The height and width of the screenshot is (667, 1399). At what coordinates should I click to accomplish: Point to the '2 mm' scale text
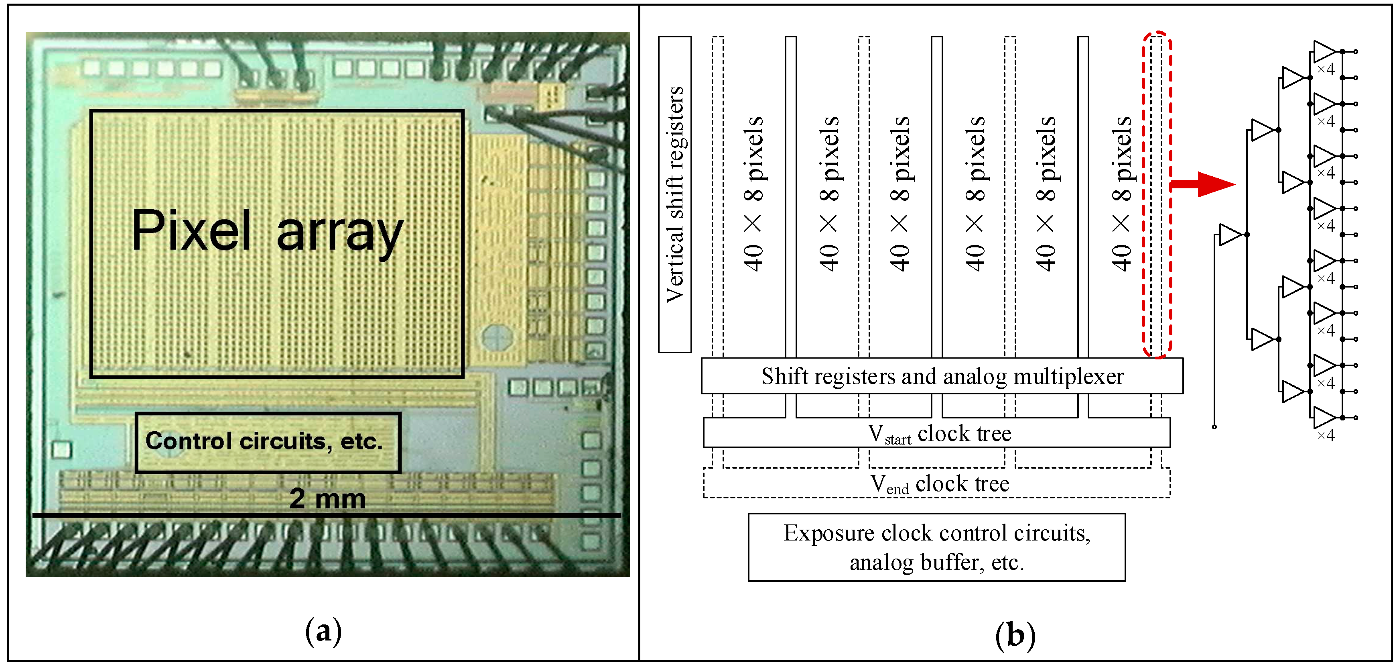click(327, 498)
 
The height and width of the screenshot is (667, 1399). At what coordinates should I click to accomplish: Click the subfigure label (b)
click(1015, 634)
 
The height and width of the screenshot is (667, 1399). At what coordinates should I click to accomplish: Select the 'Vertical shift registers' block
click(674, 194)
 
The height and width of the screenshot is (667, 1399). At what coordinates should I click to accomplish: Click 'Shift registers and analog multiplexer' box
click(941, 376)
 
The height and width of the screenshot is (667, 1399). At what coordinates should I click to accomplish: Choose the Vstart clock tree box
click(936, 433)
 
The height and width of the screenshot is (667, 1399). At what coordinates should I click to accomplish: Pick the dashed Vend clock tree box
click(936, 483)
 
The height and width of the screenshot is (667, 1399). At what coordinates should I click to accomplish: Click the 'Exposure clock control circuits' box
click(936, 547)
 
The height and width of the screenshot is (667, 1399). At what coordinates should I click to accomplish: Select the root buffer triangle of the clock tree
click(1230, 235)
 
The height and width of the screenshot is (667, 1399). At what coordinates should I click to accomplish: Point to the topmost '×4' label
click(1325, 69)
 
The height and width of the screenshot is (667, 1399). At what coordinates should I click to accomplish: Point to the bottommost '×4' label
click(1325, 435)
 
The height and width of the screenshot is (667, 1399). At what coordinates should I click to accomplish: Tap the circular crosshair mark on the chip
click(496, 337)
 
